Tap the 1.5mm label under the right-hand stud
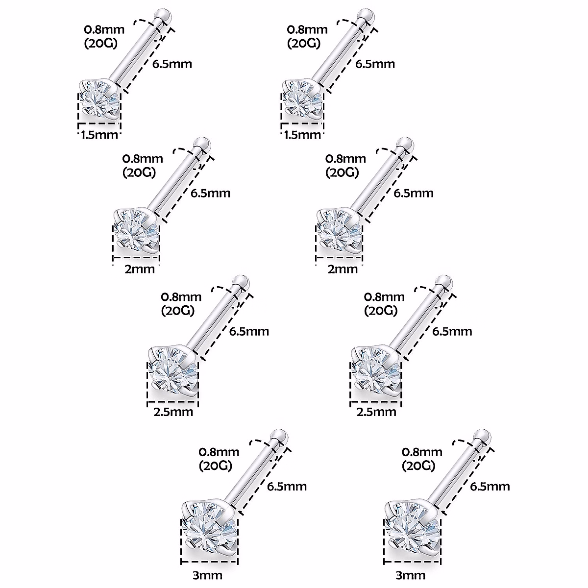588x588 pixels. [x=302, y=134]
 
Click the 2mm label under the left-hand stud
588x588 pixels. [x=140, y=269]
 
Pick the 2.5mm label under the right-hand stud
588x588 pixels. [x=376, y=412]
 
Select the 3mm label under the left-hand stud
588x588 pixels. [x=207, y=575]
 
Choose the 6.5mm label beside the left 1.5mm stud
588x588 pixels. [x=171, y=64]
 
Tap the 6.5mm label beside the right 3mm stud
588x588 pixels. [x=490, y=486]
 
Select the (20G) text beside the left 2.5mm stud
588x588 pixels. [x=177, y=311]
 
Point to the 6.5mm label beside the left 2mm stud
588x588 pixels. [x=210, y=193]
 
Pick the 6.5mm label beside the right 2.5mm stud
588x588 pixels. [x=452, y=331]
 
